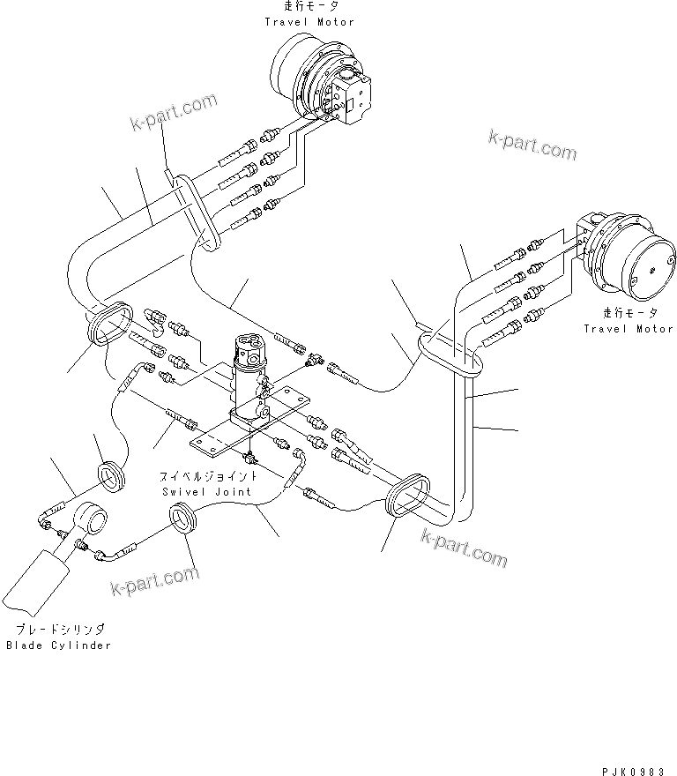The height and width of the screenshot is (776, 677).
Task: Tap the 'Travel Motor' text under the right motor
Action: click(629, 329)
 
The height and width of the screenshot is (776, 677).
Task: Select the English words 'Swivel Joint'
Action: click(206, 491)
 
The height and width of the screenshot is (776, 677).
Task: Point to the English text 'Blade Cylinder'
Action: click(58, 645)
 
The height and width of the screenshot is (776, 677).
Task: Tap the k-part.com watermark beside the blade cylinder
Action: click(154, 581)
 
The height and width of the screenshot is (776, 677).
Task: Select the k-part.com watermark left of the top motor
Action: click(172, 110)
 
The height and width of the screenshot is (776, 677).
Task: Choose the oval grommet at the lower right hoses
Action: click(406, 498)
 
